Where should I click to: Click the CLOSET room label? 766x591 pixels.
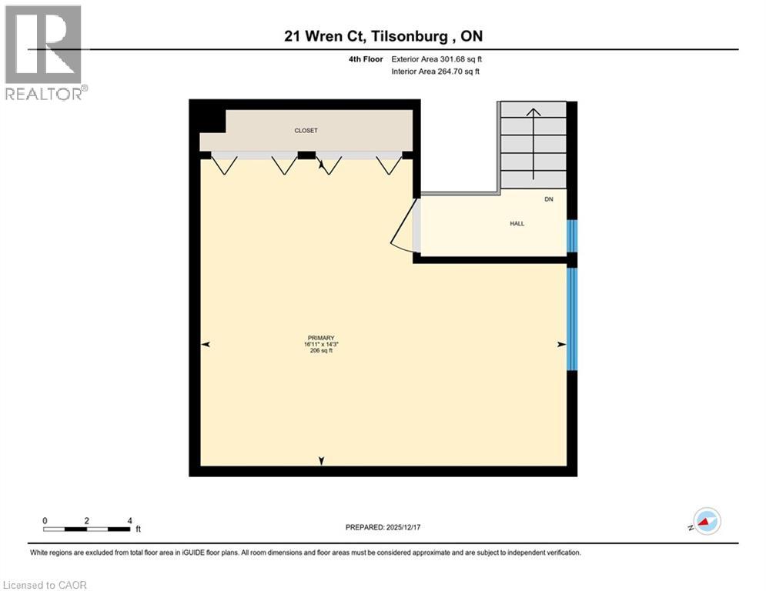(306, 131)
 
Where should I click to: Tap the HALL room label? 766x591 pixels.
(517, 223)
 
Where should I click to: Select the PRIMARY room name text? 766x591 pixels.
(321, 338)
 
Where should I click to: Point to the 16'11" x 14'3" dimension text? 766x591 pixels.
(321, 344)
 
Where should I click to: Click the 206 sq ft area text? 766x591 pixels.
(321, 351)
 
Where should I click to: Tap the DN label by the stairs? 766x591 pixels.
(549, 199)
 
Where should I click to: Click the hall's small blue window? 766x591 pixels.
(571, 236)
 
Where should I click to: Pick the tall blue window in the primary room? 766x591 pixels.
(571, 319)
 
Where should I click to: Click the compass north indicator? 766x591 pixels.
(706, 521)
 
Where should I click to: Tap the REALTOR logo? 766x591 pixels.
(45, 52)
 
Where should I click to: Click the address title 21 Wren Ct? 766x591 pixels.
(383, 35)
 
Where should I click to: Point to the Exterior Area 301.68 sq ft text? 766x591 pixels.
(437, 58)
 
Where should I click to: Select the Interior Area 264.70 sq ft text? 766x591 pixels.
(436, 72)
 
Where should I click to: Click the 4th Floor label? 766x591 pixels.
(366, 58)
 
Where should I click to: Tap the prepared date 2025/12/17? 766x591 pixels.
(382, 527)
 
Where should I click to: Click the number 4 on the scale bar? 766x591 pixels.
(129, 520)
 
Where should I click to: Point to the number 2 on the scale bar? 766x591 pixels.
(86, 520)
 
